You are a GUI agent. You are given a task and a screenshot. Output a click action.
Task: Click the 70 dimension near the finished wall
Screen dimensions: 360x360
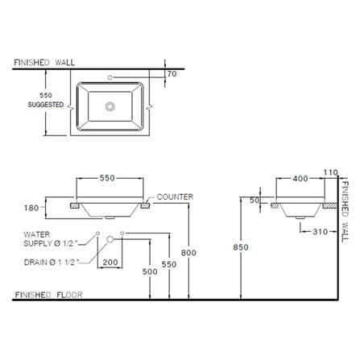(172, 73)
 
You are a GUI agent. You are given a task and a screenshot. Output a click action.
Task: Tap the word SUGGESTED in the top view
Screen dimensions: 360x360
(46, 105)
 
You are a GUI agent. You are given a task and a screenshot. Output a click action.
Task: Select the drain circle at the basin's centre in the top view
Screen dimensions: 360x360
(110, 106)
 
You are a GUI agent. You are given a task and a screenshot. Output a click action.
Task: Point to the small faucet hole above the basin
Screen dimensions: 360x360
(110, 77)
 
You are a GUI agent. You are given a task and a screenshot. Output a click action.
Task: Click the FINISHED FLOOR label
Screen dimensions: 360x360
(49, 295)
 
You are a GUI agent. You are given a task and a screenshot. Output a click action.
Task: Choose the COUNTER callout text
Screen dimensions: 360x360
(175, 197)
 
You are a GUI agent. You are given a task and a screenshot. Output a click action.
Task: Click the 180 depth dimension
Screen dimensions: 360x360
(31, 208)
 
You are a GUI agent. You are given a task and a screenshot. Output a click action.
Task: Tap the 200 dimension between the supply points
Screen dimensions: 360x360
(110, 262)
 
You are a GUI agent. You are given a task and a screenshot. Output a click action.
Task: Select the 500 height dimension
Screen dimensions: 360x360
(150, 271)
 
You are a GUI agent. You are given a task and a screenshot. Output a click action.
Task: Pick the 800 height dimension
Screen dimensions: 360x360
(188, 253)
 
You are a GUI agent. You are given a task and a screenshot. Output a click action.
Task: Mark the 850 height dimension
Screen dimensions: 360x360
(241, 247)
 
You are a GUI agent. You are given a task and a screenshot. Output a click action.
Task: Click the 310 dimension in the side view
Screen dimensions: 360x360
(321, 232)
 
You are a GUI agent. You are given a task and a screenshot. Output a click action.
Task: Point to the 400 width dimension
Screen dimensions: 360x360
(300, 179)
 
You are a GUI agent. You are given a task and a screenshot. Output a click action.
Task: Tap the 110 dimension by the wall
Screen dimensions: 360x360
(330, 172)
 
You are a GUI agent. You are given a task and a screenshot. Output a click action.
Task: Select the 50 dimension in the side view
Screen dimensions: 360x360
(254, 200)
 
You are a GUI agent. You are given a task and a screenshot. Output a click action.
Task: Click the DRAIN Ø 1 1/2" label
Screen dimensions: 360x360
(51, 263)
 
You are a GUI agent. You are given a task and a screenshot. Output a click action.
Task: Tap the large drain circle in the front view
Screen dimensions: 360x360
(110, 239)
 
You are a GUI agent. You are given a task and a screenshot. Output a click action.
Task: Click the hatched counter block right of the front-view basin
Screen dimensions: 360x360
(145, 205)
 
